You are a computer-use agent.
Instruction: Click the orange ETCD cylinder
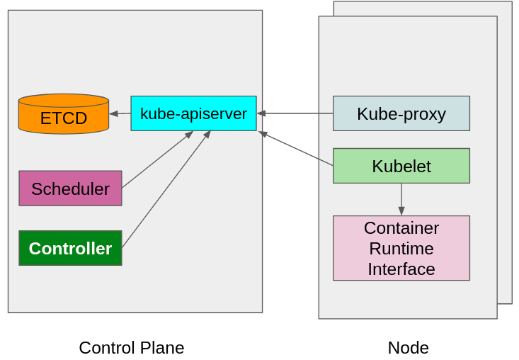[x=64, y=115]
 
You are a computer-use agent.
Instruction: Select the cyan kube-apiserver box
[x=193, y=113]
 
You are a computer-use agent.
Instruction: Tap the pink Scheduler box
[x=70, y=189]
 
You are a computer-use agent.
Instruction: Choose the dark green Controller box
[x=70, y=248]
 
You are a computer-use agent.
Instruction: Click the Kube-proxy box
[x=401, y=113]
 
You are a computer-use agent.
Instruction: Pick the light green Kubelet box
[x=401, y=166]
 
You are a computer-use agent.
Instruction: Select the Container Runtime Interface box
[x=401, y=248]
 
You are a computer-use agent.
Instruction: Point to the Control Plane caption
[x=131, y=348]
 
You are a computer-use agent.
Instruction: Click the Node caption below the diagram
[x=408, y=348]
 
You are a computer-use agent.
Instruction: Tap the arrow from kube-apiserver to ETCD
[x=120, y=113]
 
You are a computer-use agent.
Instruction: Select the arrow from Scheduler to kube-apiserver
[x=157, y=159]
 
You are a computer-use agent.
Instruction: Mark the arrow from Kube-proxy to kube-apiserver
[x=295, y=113]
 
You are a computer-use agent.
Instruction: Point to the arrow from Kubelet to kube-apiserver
[x=296, y=149]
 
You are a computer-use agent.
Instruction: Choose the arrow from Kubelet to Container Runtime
[x=401, y=198]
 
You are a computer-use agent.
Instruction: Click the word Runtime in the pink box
[x=401, y=249]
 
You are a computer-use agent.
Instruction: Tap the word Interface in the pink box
[x=401, y=269]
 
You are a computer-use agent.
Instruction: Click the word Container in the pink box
[x=401, y=228]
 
